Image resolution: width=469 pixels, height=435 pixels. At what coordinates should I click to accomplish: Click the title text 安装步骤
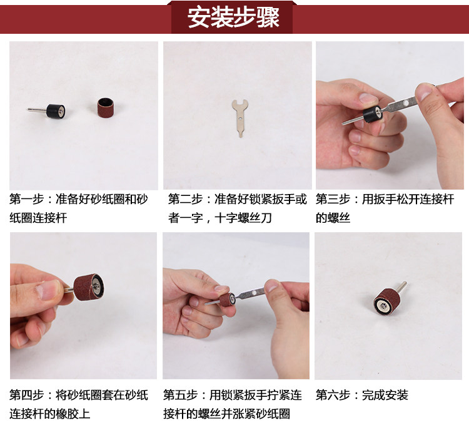[x=233, y=18]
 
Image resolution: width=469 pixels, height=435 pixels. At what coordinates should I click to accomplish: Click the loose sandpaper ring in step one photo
[x=106, y=107]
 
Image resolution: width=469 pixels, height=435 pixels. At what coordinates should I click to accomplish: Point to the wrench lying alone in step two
[x=240, y=118]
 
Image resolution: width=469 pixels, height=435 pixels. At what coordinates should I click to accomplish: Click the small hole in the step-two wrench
[x=240, y=118]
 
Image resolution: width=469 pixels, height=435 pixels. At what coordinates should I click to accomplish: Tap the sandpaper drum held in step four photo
[x=89, y=287]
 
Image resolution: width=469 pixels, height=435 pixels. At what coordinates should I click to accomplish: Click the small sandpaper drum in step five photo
[x=227, y=300]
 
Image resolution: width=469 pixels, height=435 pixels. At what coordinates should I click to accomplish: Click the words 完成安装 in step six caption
[x=385, y=395]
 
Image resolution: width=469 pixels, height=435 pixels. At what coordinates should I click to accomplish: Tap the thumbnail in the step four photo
[x=47, y=290]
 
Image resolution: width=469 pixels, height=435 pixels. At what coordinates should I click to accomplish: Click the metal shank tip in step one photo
[x=28, y=110]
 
